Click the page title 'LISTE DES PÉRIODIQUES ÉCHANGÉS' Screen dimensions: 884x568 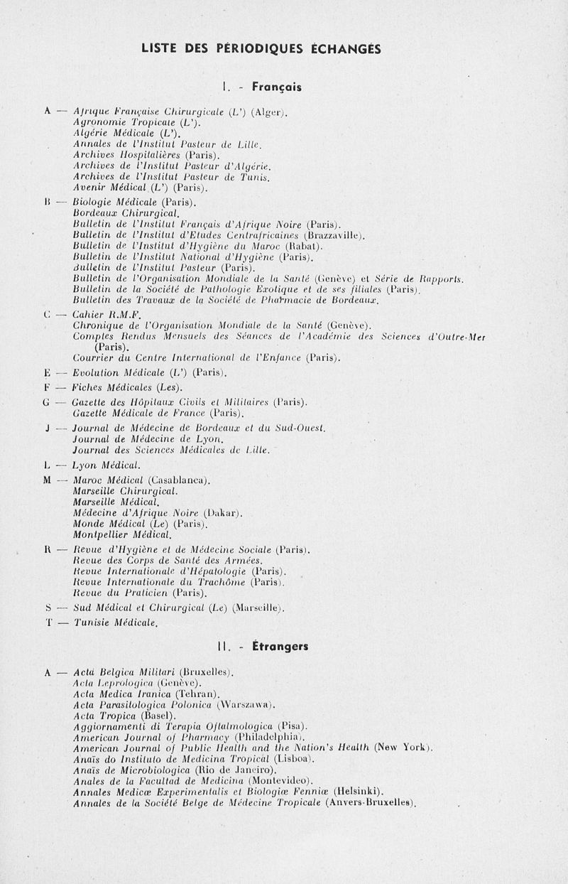pyautogui.click(x=261, y=49)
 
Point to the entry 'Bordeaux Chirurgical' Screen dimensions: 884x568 pyautogui.click(x=126, y=213)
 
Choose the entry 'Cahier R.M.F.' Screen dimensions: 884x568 pyautogui.click(x=108, y=315)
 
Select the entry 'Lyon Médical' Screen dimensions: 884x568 pyautogui.click(x=106, y=465)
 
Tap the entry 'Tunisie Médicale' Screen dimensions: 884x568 pyautogui.click(x=115, y=622)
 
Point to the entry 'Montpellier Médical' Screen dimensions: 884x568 pyautogui.click(x=122, y=534)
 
